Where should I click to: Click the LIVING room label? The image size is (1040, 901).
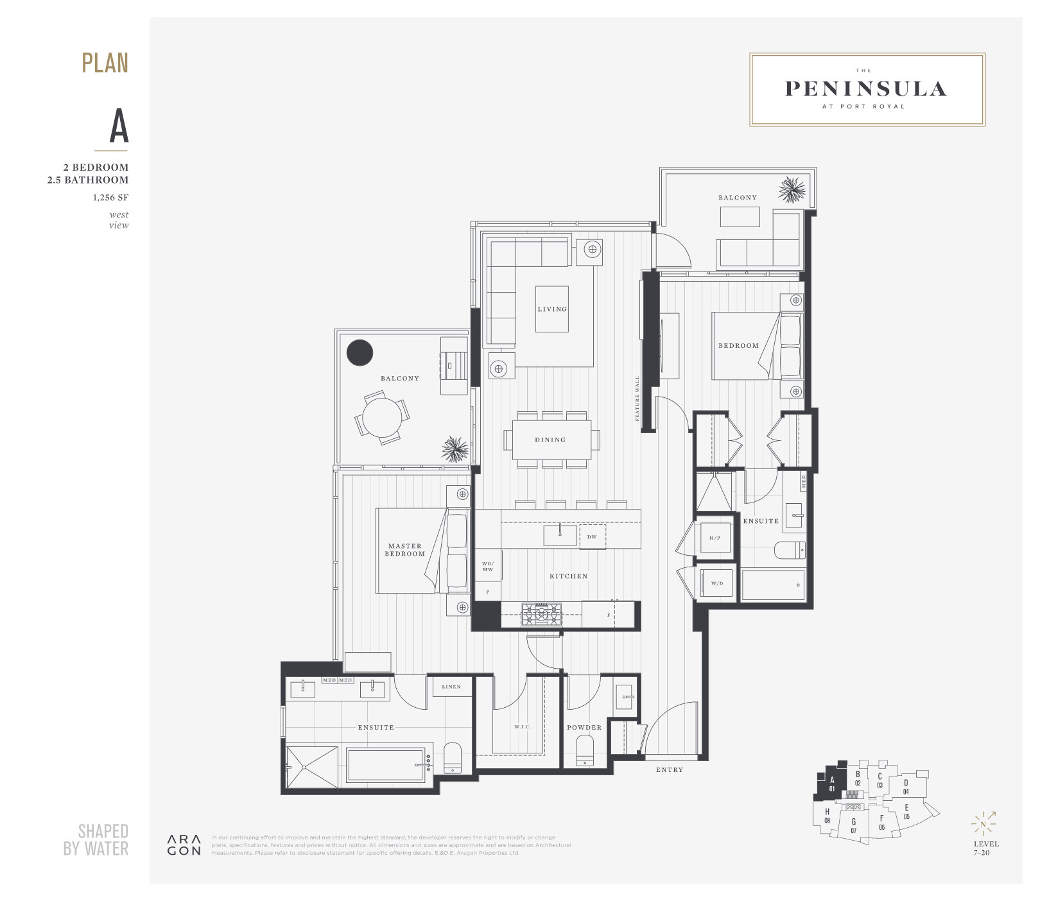(x=552, y=309)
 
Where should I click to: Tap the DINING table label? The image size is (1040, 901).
(x=550, y=440)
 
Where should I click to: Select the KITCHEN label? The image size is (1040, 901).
(x=568, y=576)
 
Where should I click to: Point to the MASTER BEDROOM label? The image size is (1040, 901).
(x=404, y=550)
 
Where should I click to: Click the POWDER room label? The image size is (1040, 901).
(x=584, y=728)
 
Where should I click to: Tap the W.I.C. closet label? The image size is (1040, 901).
(x=522, y=727)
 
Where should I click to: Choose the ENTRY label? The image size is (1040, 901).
(x=670, y=770)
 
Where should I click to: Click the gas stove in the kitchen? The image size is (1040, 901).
(x=541, y=615)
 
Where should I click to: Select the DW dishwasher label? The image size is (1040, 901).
(x=591, y=537)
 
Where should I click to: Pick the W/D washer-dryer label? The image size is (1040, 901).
(x=716, y=583)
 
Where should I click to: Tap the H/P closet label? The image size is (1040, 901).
(x=715, y=538)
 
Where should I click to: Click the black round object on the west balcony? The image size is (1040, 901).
(x=360, y=352)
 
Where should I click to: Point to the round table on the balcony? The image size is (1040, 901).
(x=382, y=418)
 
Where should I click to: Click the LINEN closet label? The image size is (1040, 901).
(x=451, y=687)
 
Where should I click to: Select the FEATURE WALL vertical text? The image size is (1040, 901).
(x=637, y=399)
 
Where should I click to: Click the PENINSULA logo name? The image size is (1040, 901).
(x=866, y=89)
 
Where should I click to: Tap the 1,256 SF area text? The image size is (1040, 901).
(x=110, y=198)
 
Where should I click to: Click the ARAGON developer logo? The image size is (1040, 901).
(x=184, y=845)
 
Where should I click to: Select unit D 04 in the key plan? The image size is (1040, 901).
(x=906, y=787)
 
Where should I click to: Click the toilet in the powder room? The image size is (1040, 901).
(x=585, y=751)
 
